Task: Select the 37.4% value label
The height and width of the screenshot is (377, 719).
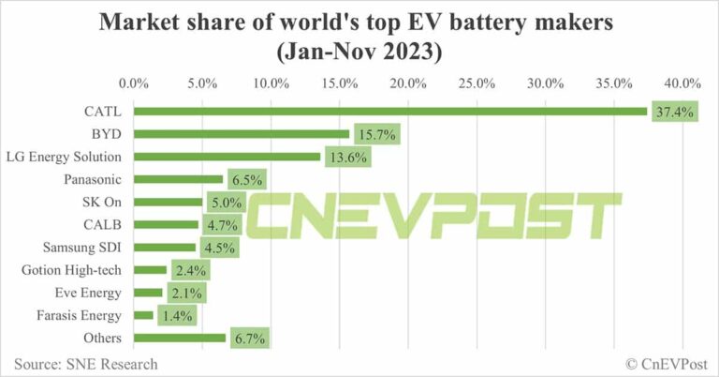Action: click(x=671, y=112)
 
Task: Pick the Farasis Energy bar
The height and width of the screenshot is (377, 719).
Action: click(x=144, y=315)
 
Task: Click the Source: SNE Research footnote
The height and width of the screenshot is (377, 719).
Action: click(x=86, y=363)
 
